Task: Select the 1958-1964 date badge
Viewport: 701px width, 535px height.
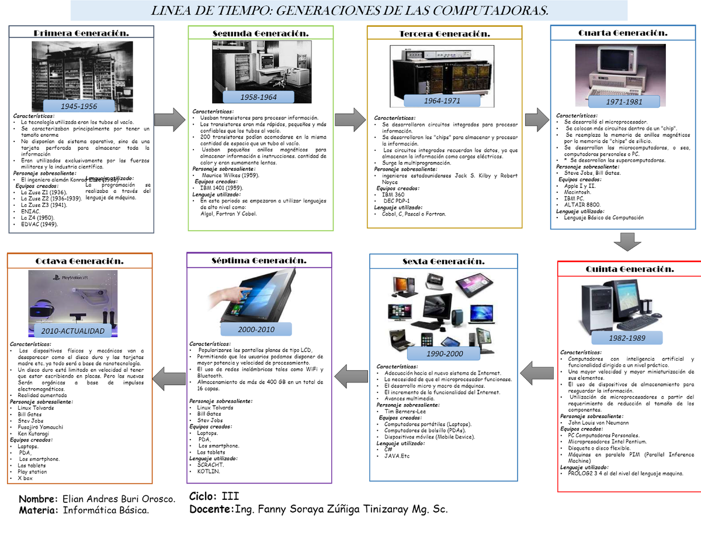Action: [x=259, y=97]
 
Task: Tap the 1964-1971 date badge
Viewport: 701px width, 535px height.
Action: [x=442, y=101]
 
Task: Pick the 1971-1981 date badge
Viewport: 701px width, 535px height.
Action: [x=624, y=102]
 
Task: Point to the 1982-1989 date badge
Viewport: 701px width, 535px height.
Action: [x=627, y=339]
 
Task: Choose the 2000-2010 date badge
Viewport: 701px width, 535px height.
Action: [x=256, y=330]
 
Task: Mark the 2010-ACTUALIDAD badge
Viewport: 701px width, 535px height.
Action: [x=72, y=332]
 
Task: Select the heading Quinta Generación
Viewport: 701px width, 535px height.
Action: [x=630, y=269]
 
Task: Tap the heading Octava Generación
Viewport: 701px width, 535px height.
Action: [x=79, y=261]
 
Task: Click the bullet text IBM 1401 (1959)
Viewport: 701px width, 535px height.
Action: [x=221, y=188]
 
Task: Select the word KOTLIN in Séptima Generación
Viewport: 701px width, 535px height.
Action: [x=208, y=471]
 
